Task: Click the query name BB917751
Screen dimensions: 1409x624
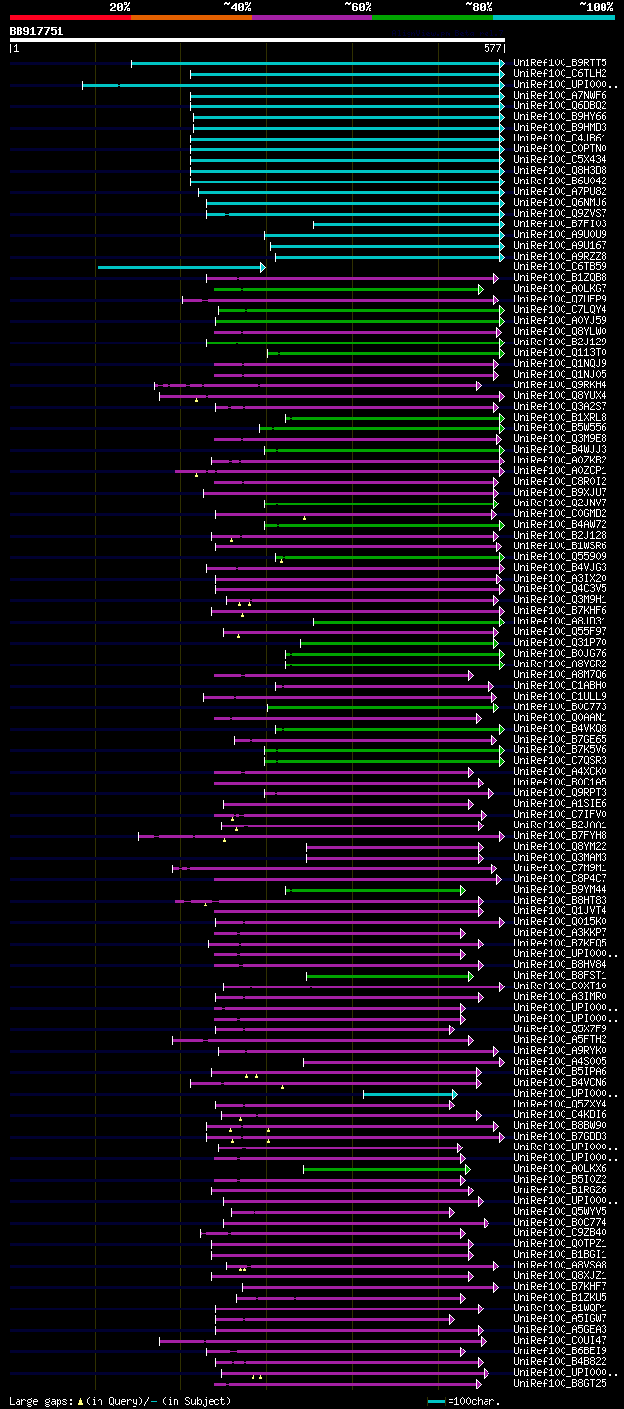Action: [36, 31]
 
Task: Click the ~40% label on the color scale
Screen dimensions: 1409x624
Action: [237, 6]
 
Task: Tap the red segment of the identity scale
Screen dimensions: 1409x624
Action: [69, 17]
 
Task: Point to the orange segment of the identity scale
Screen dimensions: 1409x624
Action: [190, 17]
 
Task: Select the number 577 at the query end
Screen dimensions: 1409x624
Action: [491, 47]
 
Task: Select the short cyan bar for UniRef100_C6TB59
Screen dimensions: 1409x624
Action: [180, 267]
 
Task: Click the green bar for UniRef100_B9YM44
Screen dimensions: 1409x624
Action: [374, 890]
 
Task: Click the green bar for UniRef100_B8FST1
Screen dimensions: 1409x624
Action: [388, 976]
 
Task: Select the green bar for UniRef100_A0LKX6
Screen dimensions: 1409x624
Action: [386, 1169]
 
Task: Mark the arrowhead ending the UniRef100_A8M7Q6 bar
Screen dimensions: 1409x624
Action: [470, 675]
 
